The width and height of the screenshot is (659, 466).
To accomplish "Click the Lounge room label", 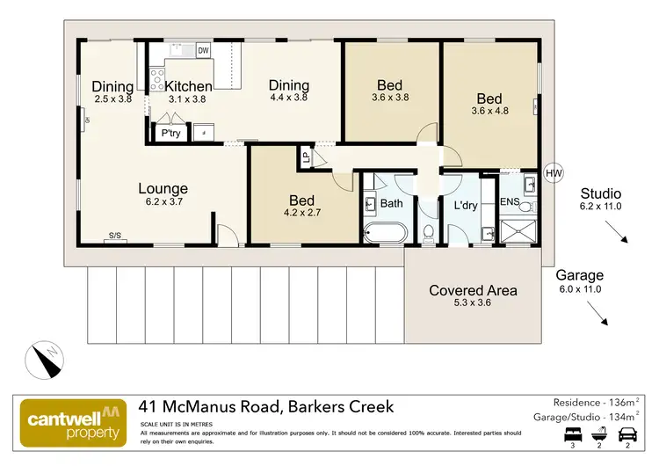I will click(163, 188).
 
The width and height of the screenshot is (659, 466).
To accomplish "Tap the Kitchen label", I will click(189, 86).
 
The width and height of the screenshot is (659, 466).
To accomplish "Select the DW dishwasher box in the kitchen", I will click(204, 51).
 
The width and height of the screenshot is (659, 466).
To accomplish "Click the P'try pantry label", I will click(170, 134).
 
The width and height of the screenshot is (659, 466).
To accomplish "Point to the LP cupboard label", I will click(306, 158).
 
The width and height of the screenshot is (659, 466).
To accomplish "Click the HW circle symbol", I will click(553, 173).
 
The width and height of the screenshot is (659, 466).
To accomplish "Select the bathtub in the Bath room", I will click(384, 234).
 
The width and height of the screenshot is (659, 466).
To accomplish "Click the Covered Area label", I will click(473, 291).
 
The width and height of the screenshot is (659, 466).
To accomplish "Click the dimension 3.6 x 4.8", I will click(489, 111).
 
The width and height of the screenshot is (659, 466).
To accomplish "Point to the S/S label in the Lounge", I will click(115, 235).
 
